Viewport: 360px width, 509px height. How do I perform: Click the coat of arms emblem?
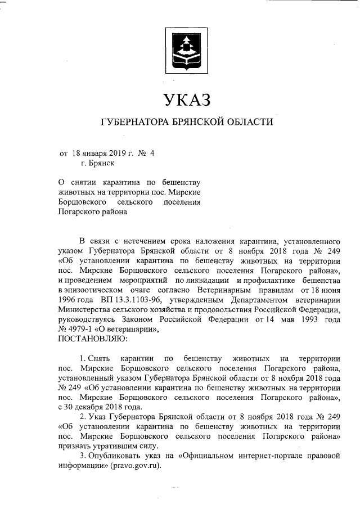183,53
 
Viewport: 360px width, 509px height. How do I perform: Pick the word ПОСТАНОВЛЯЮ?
93,339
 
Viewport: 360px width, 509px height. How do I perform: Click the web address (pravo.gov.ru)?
136,466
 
